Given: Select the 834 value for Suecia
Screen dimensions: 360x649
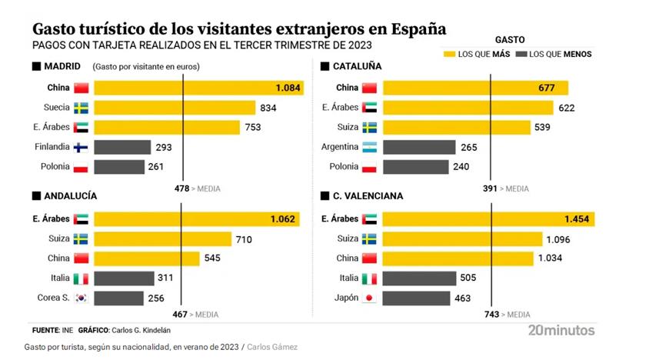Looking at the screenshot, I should click(x=270, y=108).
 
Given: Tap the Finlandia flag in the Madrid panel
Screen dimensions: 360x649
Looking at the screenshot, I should click(x=81, y=147).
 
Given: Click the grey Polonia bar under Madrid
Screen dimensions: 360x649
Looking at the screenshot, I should click(x=119, y=167).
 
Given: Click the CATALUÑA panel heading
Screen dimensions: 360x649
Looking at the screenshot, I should click(x=357, y=67).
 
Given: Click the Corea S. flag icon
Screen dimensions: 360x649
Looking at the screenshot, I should click(x=81, y=298).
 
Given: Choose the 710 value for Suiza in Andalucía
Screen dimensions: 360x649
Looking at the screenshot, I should click(x=244, y=239).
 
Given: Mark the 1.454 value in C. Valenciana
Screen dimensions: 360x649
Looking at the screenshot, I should click(x=575, y=219).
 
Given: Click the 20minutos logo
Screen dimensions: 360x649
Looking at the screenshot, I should click(x=561, y=330).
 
